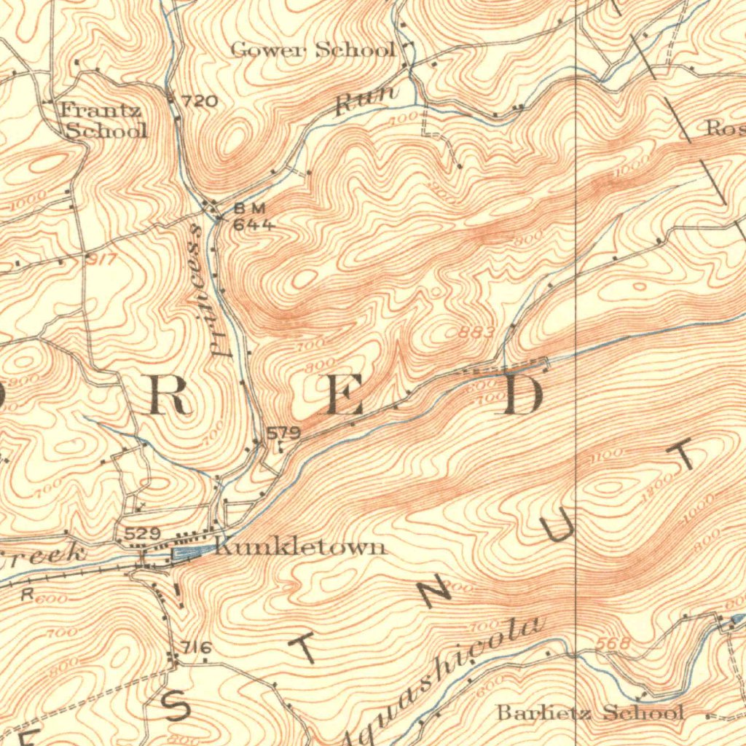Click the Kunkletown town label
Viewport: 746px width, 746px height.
point(300,546)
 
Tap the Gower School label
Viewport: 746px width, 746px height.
point(313,50)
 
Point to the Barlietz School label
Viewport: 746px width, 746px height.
point(589,712)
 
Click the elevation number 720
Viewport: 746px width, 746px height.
point(199,101)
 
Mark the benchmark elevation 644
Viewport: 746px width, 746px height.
point(253,225)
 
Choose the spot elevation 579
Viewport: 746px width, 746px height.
point(283,433)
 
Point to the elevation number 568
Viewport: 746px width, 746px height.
point(612,643)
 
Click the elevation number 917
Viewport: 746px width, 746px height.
point(101,258)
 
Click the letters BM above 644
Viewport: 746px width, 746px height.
point(245,208)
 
